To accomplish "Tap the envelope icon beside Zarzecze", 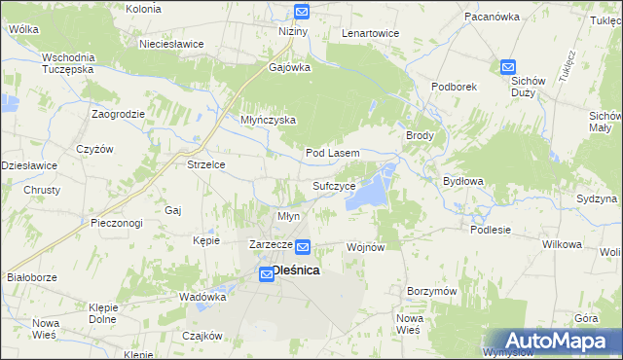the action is pyautogui.click(x=303, y=248).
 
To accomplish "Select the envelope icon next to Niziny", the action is pyautogui.click(x=301, y=13).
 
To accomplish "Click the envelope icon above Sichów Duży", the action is pyautogui.click(x=508, y=67).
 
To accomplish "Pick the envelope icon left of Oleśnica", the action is pyautogui.click(x=266, y=276).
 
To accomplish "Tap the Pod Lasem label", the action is pyautogui.click(x=333, y=154).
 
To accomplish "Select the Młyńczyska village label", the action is pyautogui.click(x=268, y=121).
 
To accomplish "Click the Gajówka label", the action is pyautogui.click(x=289, y=68).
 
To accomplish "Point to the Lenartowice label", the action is pyautogui.click(x=370, y=33).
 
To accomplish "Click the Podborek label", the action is pyautogui.click(x=454, y=86).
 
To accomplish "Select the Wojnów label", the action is pyautogui.click(x=367, y=247).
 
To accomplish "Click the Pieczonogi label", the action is pyautogui.click(x=116, y=223).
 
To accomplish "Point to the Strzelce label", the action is pyautogui.click(x=206, y=164).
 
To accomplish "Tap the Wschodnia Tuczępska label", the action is pyautogui.click(x=67, y=63).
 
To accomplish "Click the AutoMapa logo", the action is pyautogui.click(x=552, y=341).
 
